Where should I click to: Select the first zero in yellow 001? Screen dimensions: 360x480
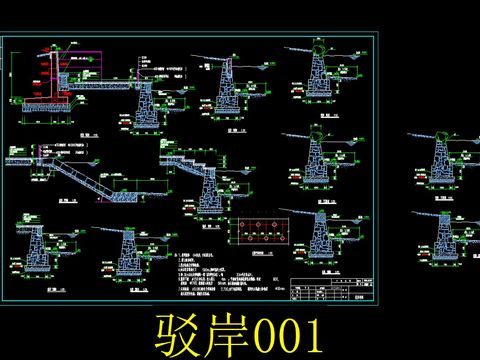(259, 334)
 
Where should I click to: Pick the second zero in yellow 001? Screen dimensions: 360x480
(284, 334)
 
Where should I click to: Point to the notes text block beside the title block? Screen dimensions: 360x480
(225, 280)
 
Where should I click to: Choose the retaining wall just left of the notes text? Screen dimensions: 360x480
(130, 255)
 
